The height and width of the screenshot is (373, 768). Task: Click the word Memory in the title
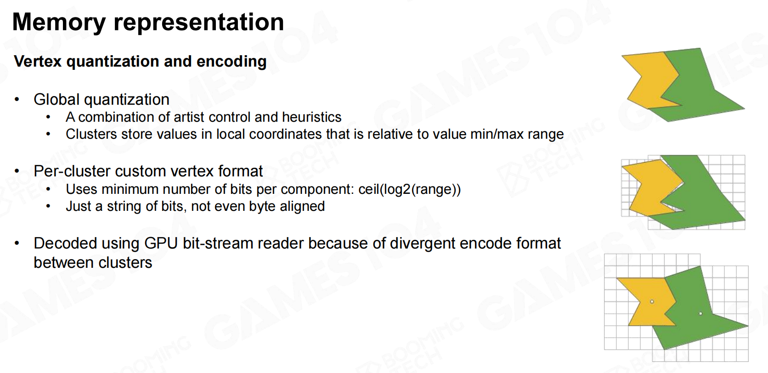[x=59, y=23]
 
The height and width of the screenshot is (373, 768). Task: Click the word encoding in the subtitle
[x=232, y=62]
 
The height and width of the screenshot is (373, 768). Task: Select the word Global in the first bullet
[x=56, y=99]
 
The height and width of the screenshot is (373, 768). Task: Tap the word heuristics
[x=312, y=117]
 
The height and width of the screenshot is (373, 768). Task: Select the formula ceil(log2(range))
[x=409, y=189]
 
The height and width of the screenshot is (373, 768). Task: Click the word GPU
[x=161, y=243]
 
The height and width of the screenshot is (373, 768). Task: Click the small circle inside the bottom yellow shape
[x=652, y=302]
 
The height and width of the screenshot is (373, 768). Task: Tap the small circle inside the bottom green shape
[x=700, y=313]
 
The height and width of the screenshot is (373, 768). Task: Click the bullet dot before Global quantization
[x=17, y=100]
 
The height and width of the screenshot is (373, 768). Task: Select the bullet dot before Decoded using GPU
[x=17, y=244]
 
